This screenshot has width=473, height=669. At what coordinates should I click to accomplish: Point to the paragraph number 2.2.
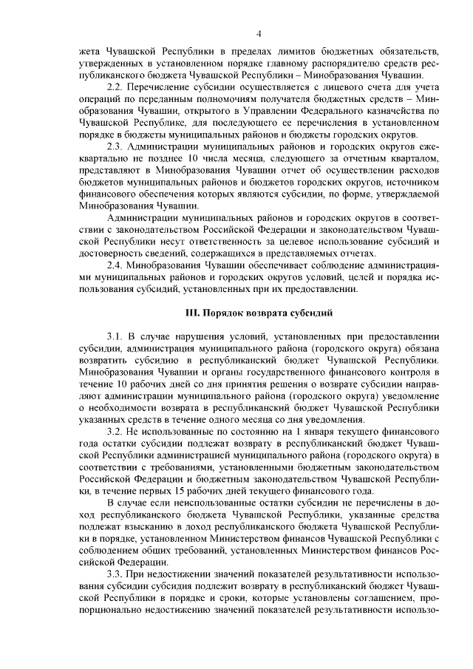[x=116, y=88]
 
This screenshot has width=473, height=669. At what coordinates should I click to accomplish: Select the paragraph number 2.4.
[x=116, y=264]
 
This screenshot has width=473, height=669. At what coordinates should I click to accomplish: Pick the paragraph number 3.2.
[x=116, y=430]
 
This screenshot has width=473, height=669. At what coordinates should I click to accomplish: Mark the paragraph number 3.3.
[x=116, y=574]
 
